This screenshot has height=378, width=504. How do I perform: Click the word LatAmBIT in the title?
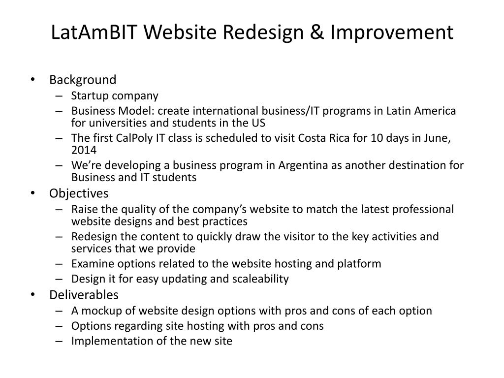(x=94, y=32)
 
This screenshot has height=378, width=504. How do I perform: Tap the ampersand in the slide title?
(x=317, y=32)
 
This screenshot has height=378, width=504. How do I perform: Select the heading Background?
(x=83, y=80)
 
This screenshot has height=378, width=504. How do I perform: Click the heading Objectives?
(x=79, y=193)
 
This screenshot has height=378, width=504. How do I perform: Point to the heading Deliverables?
(x=84, y=295)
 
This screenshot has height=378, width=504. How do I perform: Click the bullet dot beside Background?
(x=32, y=79)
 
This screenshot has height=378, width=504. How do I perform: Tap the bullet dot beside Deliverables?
(x=32, y=294)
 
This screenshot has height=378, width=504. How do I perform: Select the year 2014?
(x=84, y=150)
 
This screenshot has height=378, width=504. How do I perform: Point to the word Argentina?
(x=303, y=165)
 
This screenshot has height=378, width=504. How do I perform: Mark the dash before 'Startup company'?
(x=59, y=96)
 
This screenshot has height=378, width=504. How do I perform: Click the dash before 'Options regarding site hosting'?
(x=59, y=326)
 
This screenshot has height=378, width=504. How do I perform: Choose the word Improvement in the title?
(x=392, y=32)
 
